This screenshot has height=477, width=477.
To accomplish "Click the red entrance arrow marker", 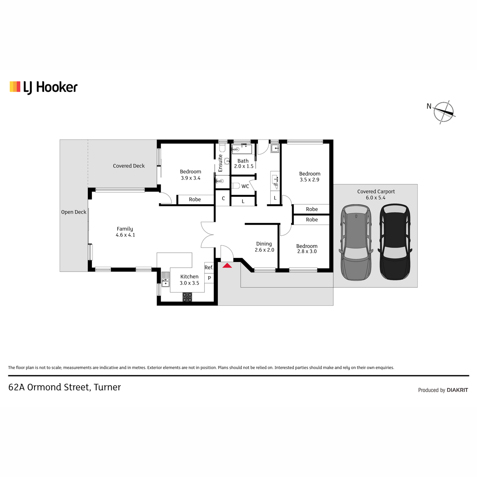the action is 227,266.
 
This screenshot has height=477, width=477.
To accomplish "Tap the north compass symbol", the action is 444,112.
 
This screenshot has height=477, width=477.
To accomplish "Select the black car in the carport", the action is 395,242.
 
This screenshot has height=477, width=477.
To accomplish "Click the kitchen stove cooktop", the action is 187,297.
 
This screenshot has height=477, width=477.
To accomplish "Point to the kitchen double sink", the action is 165,279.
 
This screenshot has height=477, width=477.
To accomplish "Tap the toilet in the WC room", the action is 236,186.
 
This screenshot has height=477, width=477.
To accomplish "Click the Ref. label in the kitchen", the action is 209,268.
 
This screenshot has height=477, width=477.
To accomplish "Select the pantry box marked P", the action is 209,278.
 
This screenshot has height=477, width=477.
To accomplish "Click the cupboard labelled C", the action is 223,198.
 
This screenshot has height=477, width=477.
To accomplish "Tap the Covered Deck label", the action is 129,166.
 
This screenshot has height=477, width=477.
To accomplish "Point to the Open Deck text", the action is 74,212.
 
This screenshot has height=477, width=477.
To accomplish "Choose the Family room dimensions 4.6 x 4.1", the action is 126,235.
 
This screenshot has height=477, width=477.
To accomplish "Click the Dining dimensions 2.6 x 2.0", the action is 264,250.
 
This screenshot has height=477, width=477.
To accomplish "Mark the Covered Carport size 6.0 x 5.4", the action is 376,198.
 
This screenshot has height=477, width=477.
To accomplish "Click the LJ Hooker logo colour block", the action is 15,87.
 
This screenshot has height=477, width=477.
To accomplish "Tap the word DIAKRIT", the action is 457,390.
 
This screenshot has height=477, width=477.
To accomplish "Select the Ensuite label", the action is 220,163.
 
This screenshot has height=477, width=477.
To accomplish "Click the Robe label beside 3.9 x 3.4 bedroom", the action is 195,200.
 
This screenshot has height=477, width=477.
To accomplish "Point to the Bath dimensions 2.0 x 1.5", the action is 244,166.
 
